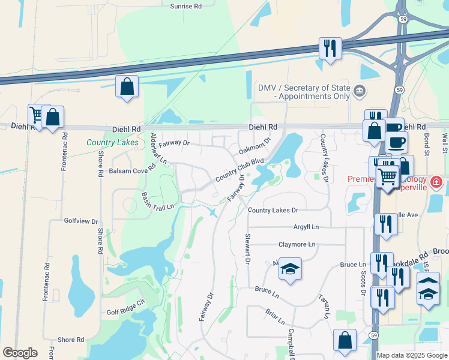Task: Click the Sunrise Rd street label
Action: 185,5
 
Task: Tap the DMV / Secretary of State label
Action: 304,91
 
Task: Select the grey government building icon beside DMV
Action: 359,91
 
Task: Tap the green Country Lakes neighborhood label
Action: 112,142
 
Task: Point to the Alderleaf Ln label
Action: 158,148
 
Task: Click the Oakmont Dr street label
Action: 255,146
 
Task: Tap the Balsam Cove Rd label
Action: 132,171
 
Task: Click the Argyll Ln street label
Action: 306,227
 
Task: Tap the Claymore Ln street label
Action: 297,245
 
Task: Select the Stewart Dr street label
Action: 247,250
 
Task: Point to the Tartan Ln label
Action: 325,307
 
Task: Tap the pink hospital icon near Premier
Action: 436,181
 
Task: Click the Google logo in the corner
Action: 20,353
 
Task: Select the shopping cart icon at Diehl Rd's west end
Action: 37,114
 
